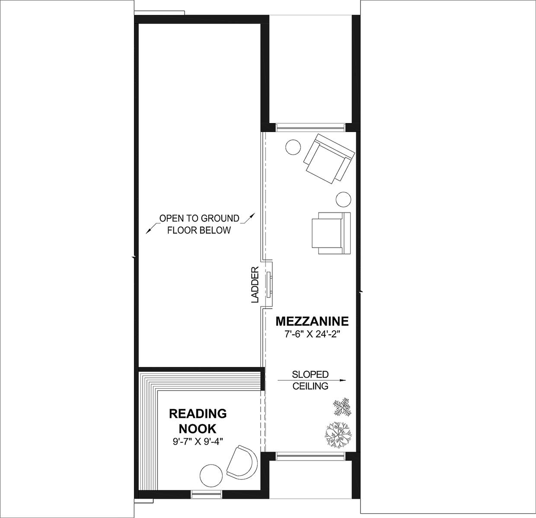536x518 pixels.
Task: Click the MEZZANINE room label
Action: (312, 321)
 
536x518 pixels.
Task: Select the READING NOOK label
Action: (198, 421)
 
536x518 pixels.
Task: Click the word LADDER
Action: (255, 284)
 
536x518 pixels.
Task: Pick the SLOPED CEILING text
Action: (310, 380)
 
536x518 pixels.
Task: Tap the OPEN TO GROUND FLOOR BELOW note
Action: (199, 224)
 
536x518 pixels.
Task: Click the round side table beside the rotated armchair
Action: (293, 147)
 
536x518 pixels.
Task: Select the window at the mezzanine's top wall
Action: (311, 127)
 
